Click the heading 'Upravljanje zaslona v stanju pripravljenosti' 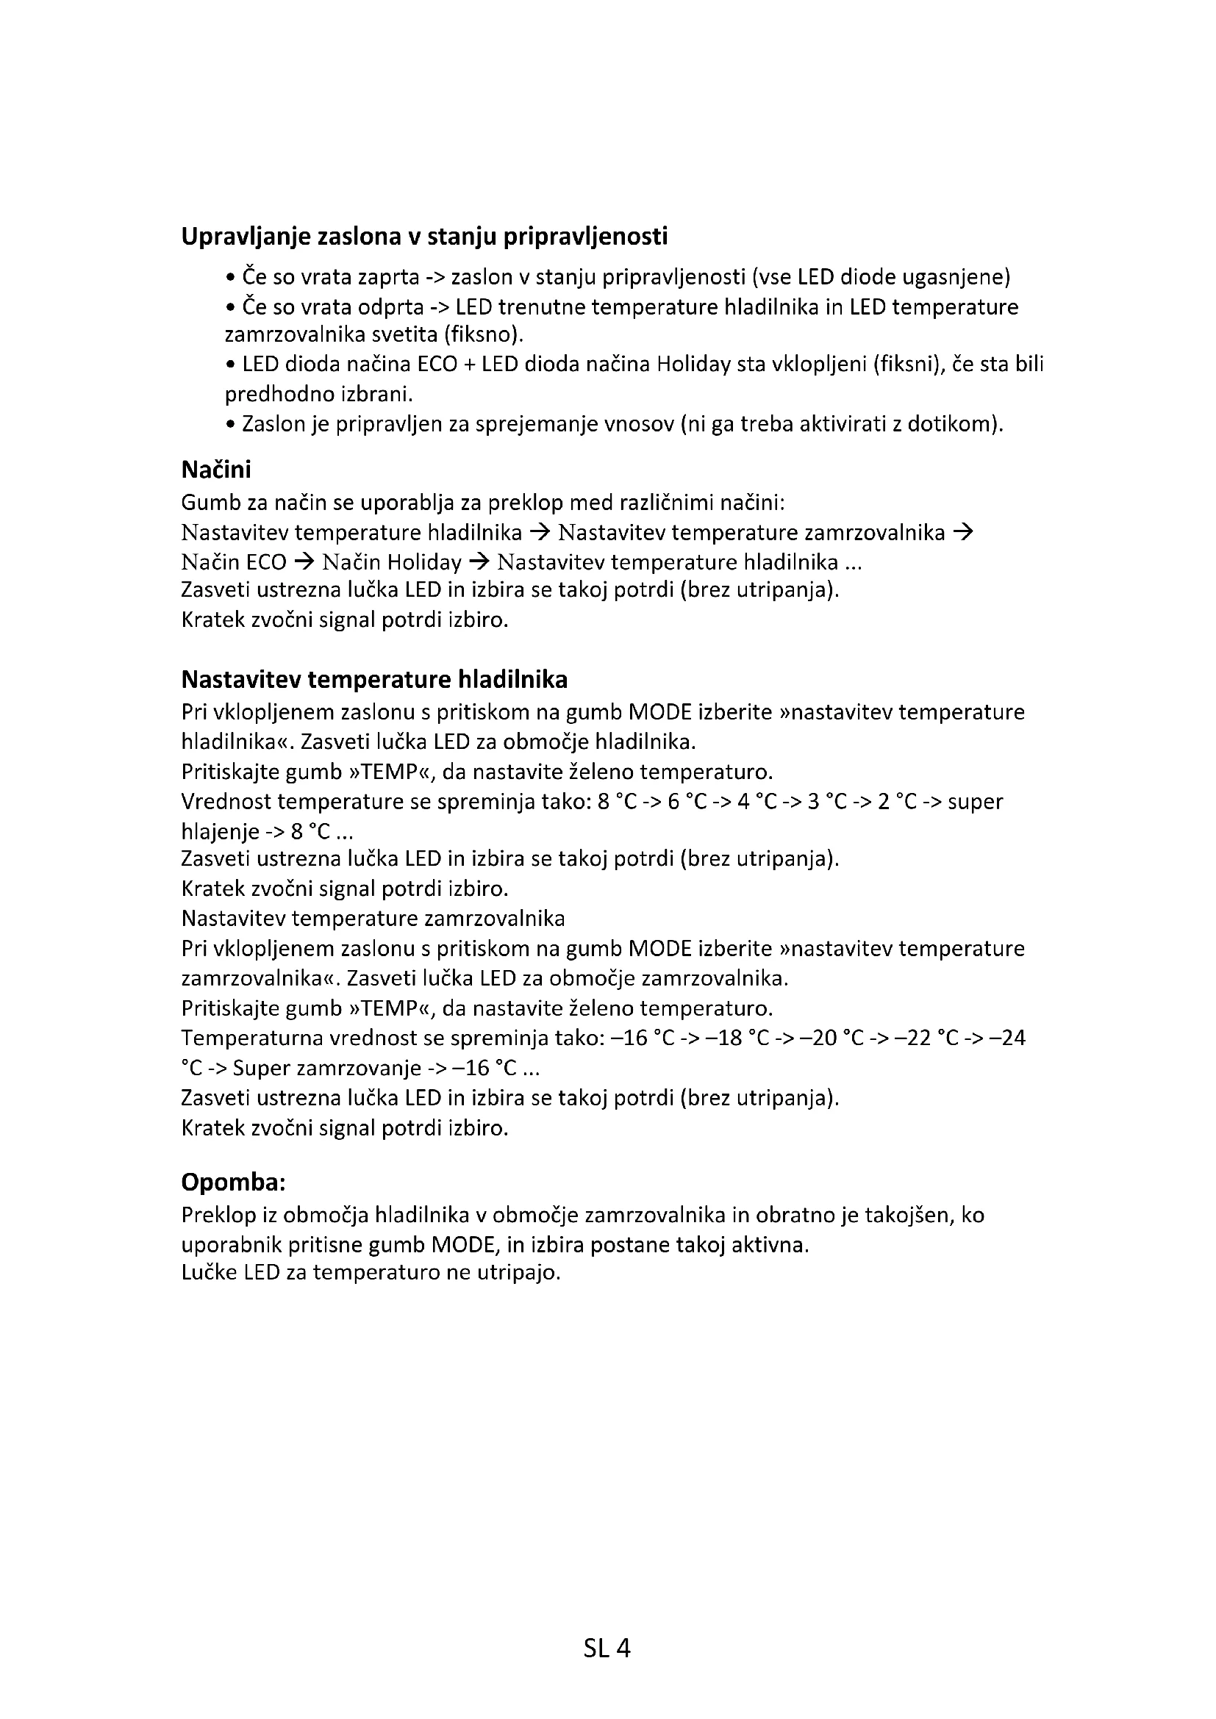point(423,237)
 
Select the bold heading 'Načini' point(215,470)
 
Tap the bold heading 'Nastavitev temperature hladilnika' point(373,680)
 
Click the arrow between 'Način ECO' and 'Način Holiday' point(304,561)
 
